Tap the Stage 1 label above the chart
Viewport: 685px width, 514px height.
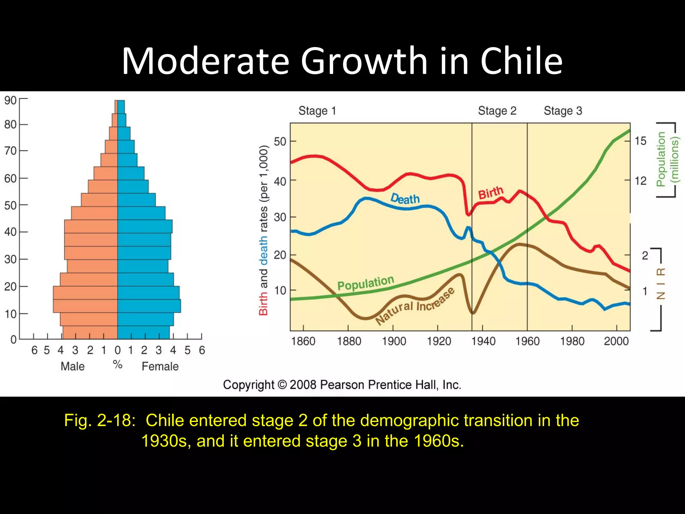point(317,111)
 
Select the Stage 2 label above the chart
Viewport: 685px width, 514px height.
point(497,111)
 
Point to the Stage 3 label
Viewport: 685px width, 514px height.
point(563,111)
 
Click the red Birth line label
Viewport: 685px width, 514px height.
point(491,193)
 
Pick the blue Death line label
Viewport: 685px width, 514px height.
point(405,199)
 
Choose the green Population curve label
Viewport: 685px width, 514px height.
point(366,283)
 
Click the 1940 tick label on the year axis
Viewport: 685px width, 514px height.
point(483,341)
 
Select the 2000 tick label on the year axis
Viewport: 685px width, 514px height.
point(616,341)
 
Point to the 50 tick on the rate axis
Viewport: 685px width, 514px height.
point(280,142)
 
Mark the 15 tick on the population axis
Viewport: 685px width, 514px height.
point(641,141)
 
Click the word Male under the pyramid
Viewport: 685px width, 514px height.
point(73,366)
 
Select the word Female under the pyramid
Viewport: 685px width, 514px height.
point(160,366)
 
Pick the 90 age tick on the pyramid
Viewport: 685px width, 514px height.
point(10,100)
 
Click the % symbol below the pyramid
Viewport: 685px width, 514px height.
point(117,364)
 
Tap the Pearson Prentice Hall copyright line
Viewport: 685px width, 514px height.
point(342,385)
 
